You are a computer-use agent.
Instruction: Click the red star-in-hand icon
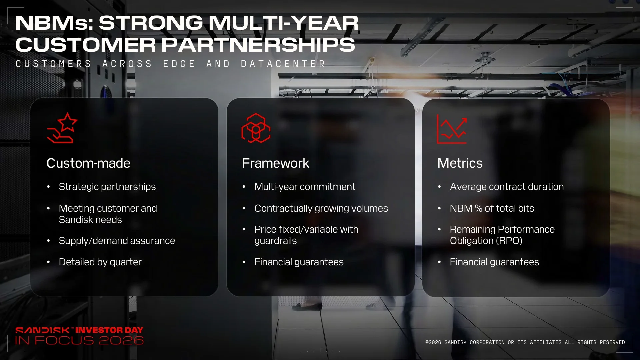click(62, 128)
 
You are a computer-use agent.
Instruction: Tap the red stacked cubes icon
click(256, 128)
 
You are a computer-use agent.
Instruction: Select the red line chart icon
click(452, 129)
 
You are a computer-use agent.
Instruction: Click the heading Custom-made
click(88, 163)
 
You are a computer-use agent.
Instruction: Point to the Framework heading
click(276, 163)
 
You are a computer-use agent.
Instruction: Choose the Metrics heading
click(460, 163)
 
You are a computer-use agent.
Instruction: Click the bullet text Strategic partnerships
click(107, 187)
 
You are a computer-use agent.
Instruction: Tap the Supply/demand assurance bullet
click(117, 241)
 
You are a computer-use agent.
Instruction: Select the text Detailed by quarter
click(100, 262)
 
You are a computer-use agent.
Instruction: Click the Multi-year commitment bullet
click(305, 187)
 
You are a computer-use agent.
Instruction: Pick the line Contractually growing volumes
click(321, 208)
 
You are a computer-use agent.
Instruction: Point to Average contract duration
click(507, 187)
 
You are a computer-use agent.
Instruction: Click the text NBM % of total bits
click(492, 208)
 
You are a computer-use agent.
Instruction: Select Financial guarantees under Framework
click(299, 262)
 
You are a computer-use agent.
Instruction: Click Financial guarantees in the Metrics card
click(494, 262)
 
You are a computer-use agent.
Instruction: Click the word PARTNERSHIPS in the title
click(258, 45)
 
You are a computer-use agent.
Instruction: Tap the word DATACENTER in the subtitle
click(283, 64)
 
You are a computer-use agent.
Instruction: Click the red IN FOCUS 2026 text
click(79, 340)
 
